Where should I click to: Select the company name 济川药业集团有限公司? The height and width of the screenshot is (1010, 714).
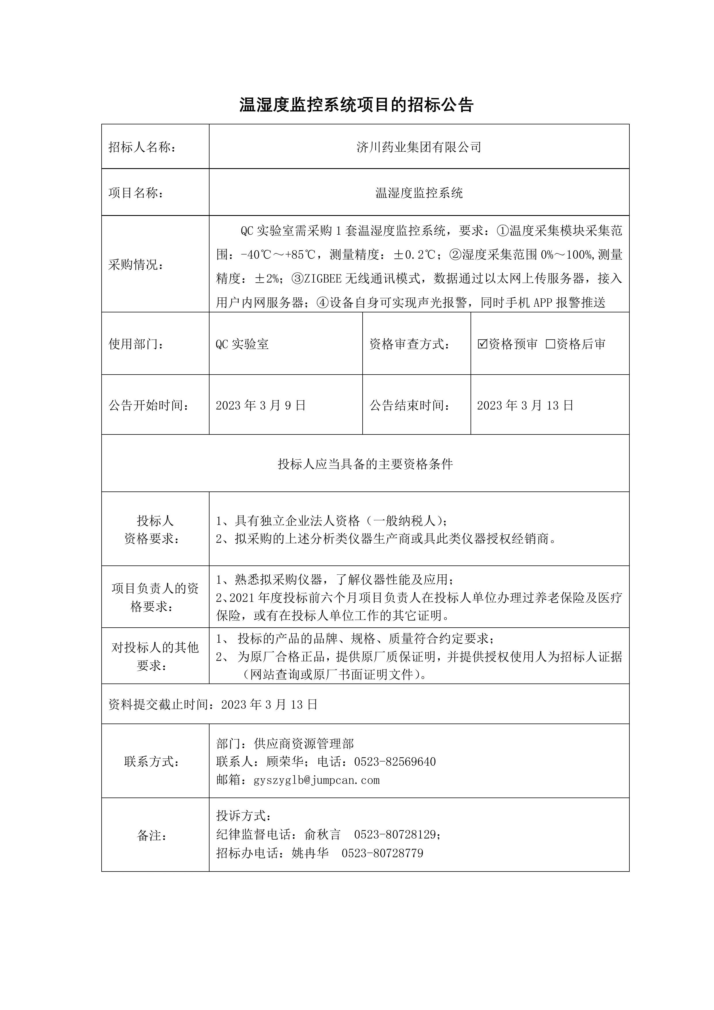(418, 147)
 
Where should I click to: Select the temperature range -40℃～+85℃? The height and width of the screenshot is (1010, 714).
(278, 254)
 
